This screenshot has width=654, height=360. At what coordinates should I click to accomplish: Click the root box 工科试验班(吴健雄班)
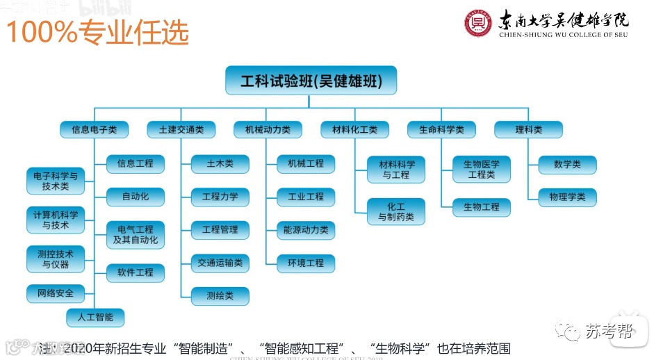click(x=311, y=81)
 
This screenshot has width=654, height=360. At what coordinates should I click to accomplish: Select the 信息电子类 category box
click(x=94, y=129)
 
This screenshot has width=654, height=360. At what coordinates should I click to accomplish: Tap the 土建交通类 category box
click(x=181, y=129)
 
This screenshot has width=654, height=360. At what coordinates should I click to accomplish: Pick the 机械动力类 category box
click(x=268, y=129)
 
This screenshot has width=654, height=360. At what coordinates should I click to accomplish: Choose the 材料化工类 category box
click(x=354, y=129)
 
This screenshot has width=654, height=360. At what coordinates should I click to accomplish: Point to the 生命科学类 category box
click(x=441, y=129)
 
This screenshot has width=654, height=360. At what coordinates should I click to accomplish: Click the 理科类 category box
click(x=528, y=129)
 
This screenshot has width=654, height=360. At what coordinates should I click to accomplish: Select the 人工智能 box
click(x=95, y=318)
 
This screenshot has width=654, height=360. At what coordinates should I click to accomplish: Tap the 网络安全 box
click(x=55, y=293)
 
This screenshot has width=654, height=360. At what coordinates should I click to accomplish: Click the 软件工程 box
click(x=135, y=272)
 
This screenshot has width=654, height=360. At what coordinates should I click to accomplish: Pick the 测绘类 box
click(x=220, y=296)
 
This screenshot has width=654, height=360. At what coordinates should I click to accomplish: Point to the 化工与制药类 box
click(x=396, y=211)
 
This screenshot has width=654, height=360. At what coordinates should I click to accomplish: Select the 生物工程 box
click(x=482, y=207)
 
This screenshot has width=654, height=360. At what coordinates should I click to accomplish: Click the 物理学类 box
click(x=567, y=197)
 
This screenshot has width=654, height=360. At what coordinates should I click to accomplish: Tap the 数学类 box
click(x=567, y=165)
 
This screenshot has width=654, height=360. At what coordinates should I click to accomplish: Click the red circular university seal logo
click(x=478, y=24)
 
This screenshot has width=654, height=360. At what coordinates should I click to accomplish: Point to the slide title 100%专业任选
click(x=97, y=32)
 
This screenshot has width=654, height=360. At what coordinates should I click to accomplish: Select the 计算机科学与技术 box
click(x=56, y=220)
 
